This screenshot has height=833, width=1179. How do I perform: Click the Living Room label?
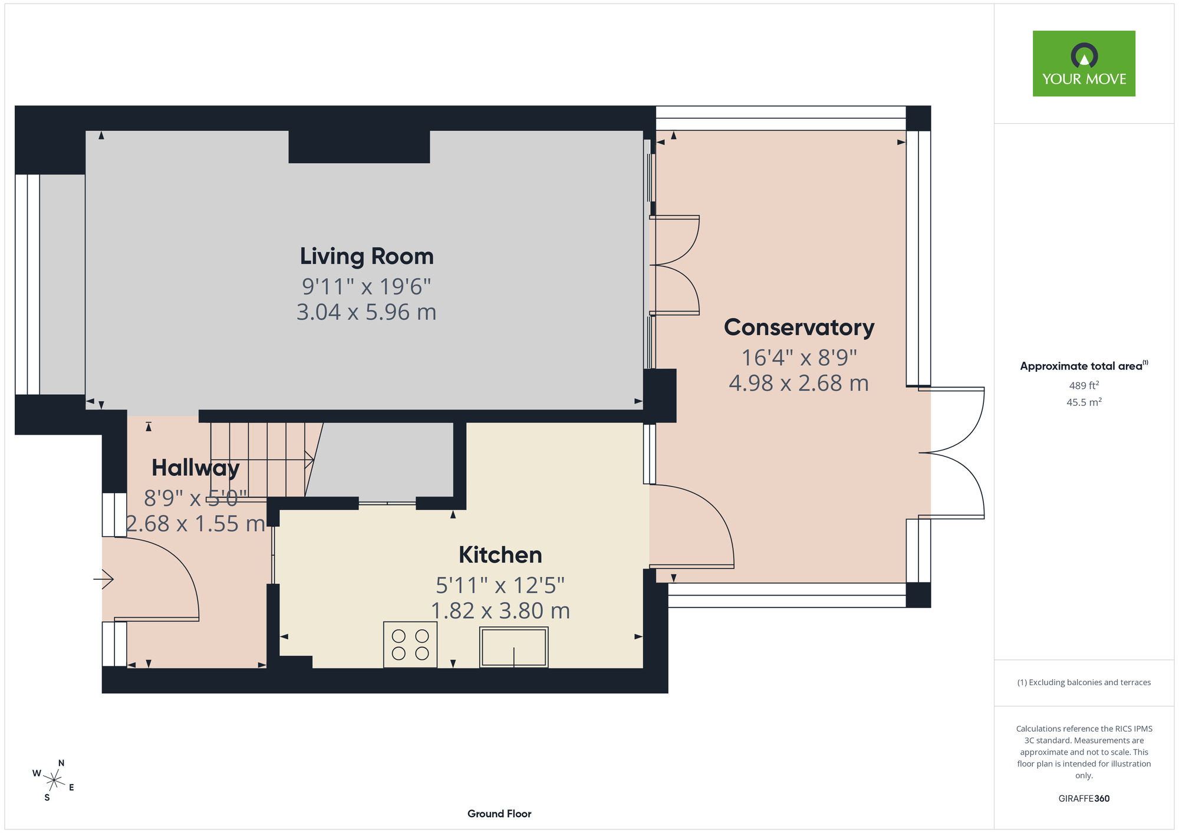pos(367,256)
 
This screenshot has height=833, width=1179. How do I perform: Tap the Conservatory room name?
pos(799,328)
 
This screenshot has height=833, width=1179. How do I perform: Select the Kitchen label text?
pos(500,555)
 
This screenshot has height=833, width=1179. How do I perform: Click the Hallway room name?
pos(196,468)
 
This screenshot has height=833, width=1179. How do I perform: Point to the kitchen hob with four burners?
pos(410,644)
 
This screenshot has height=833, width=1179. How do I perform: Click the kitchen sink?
pos(514,647)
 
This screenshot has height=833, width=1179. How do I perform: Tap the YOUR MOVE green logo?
pos(1084,64)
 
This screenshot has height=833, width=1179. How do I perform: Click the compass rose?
pos(54,781)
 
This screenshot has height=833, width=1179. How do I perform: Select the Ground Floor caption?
pos(499,814)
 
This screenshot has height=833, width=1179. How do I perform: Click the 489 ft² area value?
pos(1084,385)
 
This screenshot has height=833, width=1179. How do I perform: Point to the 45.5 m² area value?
pos(1084,402)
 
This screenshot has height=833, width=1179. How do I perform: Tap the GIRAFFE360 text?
pos(1084,799)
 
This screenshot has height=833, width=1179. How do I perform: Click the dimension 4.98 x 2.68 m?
pos(799,384)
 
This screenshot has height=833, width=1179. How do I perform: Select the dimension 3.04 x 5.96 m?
pos(367,312)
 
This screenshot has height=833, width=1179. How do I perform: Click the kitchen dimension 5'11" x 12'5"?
pos(500,586)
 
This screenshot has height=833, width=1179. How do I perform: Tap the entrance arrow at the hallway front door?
pos(103,579)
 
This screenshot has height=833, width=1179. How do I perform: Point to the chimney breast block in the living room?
pos(359,147)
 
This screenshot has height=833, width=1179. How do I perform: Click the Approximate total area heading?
pos(1084,366)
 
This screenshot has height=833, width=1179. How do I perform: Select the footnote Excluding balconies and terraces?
pos(1084,682)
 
